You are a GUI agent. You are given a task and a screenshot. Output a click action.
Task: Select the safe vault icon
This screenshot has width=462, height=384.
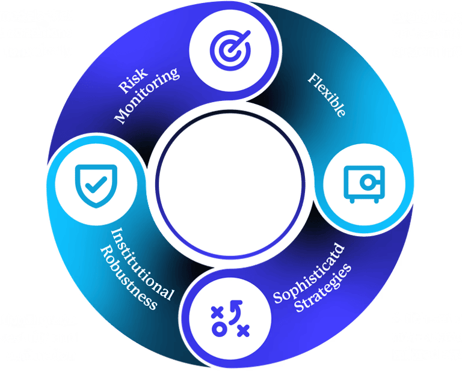(x=362, y=181)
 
